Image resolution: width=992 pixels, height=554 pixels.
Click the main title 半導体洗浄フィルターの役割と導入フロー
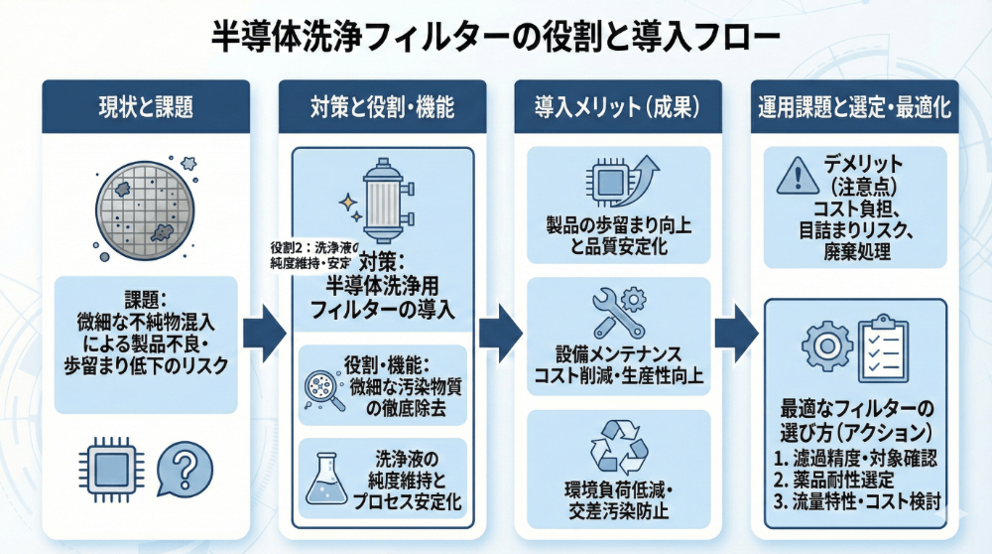[x=496, y=38]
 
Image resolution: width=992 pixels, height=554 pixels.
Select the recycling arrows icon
[x=618, y=446]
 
